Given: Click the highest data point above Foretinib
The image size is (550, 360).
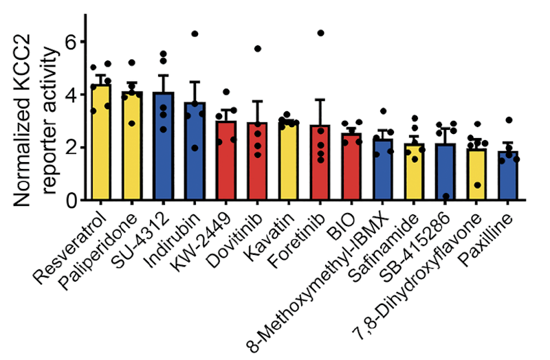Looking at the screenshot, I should pyautogui.click(x=320, y=33).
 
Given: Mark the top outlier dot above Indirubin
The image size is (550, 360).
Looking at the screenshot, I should pyautogui.click(x=195, y=34).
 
